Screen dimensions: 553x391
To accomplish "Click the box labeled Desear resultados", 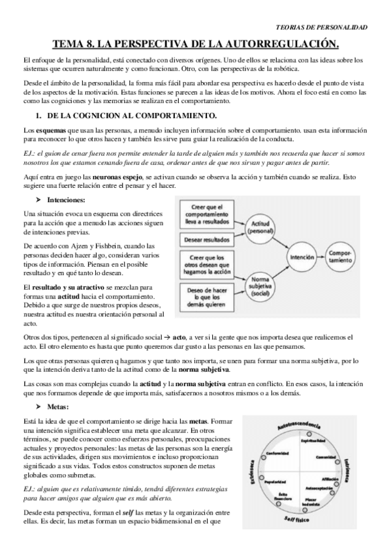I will coord(210,239).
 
